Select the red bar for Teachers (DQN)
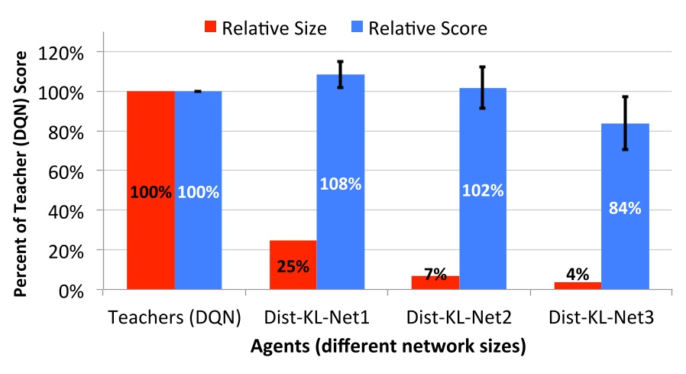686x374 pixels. click(150, 190)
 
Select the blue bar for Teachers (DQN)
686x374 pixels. click(199, 190)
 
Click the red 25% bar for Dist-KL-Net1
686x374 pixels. click(293, 265)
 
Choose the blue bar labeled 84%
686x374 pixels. click(625, 207)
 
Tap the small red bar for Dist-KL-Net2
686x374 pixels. click(435, 283)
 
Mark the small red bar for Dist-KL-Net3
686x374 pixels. click(578, 286)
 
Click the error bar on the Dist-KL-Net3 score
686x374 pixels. click(625, 122)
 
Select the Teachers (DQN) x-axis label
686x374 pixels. click(175, 316)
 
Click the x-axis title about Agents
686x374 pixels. click(388, 346)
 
